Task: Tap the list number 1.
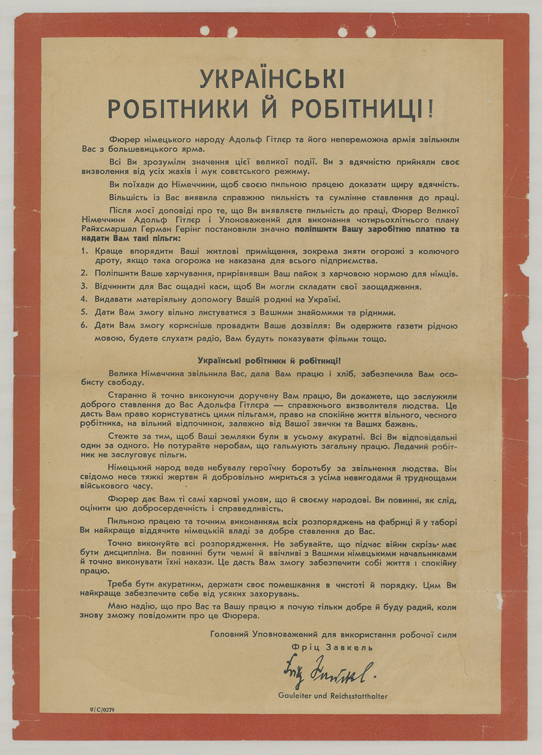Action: pyautogui.click(x=84, y=251)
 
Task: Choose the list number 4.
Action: pyautogui.click(x=84, y=299)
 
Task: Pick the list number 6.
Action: pyautogui.click(x=84, y=325)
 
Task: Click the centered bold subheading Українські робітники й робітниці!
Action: pyautogui.click(x=270, y=361)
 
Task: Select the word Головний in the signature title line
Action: pyautogui.click(x=229, y=634)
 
